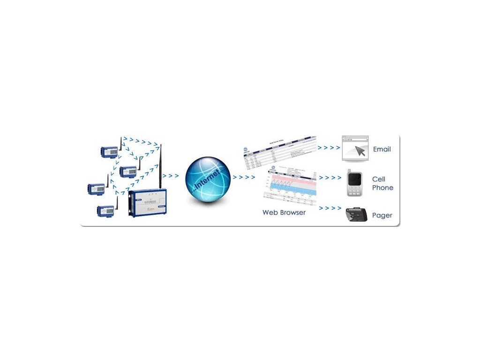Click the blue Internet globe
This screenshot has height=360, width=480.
pyautogui.click(x=208, y=177)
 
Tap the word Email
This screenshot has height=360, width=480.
pyautogui.click(x=382, y=150)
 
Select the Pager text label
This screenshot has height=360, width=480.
pyautogui.click(x=382, y=216)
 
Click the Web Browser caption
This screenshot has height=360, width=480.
pyautogui.click(x=284, y=212)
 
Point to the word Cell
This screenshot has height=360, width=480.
pyautogui.click(x=379, y=179)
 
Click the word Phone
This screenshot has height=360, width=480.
pyautogui.click(x=382, y=187)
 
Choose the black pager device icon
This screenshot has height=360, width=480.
pyautogui.click(x=356, y=215)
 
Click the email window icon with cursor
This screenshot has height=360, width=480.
pyautogui.click(x=355, y=149)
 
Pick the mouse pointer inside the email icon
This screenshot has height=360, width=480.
pyautogui.click(x=360, y=151)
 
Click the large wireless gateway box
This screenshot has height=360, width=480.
pyautogui.click(x=147, y=202)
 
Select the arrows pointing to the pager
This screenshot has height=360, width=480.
pyautogui.click(x=330, y=208)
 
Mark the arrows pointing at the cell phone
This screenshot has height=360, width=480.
pyautogui.click(x=330, y=178)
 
